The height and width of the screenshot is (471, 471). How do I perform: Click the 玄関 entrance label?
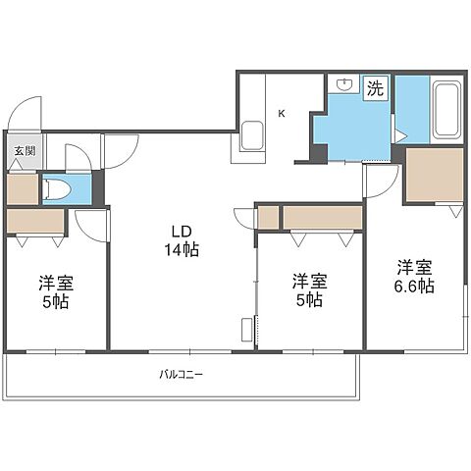click(25, 151)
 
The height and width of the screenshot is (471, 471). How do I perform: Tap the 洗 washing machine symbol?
click(376, 88)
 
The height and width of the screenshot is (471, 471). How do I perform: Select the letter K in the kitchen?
click(282, 114)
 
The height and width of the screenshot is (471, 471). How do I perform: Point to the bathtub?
click(447, 109)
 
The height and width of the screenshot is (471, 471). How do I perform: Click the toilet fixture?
click(56, 189)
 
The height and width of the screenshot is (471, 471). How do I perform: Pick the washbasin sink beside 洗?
click(344, 84)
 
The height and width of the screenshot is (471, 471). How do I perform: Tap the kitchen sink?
click(252, 136)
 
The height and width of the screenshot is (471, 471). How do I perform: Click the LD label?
click(182, 232)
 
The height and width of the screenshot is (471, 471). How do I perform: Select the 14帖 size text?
click(182, 250)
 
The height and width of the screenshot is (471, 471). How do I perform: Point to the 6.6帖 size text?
click(414, 287)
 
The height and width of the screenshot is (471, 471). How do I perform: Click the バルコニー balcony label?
click(182, 374)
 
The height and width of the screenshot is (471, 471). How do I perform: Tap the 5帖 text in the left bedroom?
click(56, 302)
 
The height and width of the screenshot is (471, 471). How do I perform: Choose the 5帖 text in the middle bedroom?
click(309, 300)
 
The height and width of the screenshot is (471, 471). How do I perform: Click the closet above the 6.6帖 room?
click(435, 175)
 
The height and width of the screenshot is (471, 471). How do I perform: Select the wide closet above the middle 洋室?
click(323, 217)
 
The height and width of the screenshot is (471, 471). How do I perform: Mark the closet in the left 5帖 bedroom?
click(35, 221)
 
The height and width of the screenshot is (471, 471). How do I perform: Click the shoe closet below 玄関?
click(23, 189)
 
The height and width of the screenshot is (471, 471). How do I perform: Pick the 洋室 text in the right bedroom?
click(415, 267)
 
